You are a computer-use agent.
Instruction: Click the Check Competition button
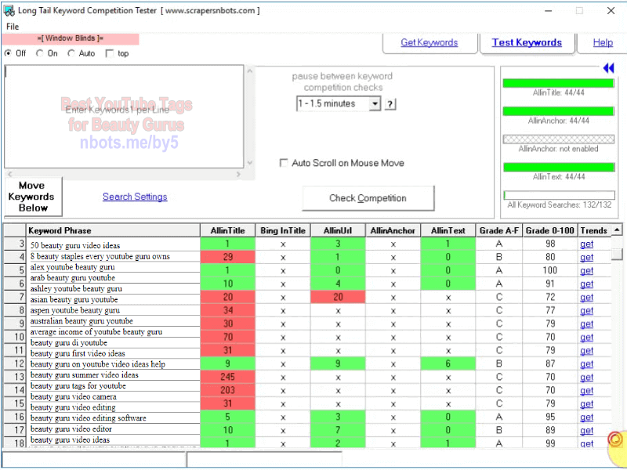[x=368, y=198]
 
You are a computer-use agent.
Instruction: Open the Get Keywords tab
[x=429, y=42]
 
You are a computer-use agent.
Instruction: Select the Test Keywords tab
[x=527, y=42]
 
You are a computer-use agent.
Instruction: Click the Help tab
[x=603, y=42]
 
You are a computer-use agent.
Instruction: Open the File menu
[x=12, y=27]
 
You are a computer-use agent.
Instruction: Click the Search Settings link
[x=135, y=197]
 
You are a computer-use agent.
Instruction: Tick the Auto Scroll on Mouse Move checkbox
[x=285, y=163]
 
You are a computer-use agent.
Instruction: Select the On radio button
[x=40, y=53]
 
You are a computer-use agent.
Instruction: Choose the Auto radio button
[x=71, y=53]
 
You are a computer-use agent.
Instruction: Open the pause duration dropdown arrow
[x=375, y=104]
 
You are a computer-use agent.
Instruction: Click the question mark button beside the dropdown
[x=390, y=104]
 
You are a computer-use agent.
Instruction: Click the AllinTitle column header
[x=227, y=230]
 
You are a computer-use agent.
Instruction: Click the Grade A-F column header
[x=498, y=230]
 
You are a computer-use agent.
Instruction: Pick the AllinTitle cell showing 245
[x=227, y=376]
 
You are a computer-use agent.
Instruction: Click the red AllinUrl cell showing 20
[x=337, y=297]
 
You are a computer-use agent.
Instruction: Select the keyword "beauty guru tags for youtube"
[x=78, y=386]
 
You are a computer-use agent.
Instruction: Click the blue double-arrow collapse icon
[x=608, y=68]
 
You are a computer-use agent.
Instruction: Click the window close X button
[x=611, y=11]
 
